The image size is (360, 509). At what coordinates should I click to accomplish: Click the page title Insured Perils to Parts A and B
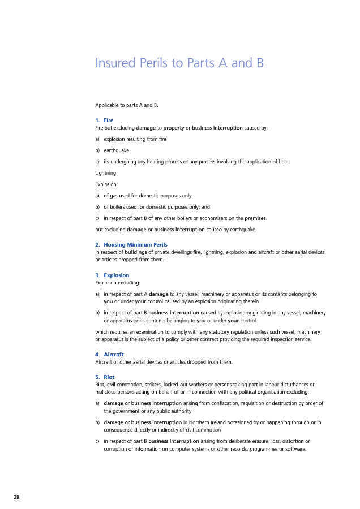tap(179, 63)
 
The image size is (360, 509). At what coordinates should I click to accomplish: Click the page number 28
tap(17, 497)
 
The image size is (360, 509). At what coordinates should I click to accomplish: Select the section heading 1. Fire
tap(105, 120)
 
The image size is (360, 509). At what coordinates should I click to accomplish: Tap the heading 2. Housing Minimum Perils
tap(131, 244)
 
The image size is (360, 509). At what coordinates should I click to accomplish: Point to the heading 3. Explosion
tap(112, 275)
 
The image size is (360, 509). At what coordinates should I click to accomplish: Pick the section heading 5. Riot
tap(105, 377)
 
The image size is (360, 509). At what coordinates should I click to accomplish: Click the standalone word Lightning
tap(106, 172)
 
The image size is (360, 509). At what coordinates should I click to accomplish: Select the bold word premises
tap(255, 218)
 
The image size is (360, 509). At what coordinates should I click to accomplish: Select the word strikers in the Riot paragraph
tap(150, 385)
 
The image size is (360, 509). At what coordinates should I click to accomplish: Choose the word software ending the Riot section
tap(294, 448)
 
